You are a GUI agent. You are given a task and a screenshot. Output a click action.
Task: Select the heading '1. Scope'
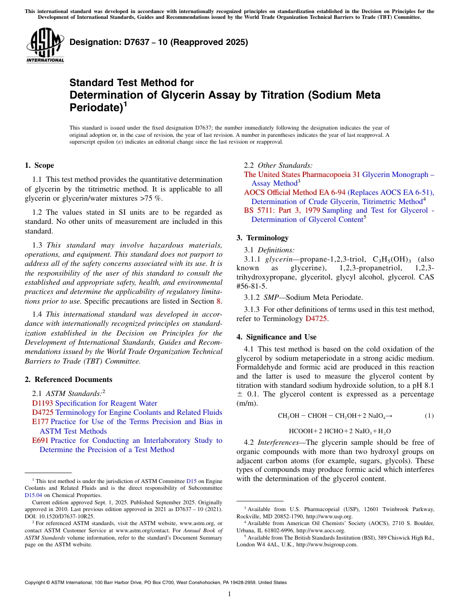coord(40,165)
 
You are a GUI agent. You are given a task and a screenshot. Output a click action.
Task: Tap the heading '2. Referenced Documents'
coord(69,380)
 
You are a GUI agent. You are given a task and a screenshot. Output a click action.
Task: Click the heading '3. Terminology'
coord(262,238)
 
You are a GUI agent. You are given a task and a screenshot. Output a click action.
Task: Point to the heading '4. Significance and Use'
coord(276,337)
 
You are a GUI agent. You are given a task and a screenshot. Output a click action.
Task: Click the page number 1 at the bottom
coord(229,594)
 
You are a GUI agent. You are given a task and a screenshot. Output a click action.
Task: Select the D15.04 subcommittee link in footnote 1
coord(33,495)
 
